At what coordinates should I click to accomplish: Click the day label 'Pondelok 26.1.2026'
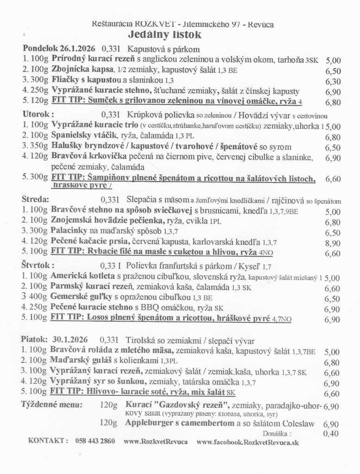pyautogui.click(x=58, y=49)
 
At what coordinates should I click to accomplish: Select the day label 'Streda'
pyautogui.click(x=35, y=199)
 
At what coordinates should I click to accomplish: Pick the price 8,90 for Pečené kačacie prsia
pyautogui.click(x=332, y=243)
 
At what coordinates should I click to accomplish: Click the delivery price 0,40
pyautogui.click(x=331, y=434)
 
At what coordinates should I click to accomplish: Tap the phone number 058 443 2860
pyautogui.click(x=95, y=441)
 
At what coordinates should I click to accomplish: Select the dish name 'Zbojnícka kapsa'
pyautogui.click(x=83, y=70)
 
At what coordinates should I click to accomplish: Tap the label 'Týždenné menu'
pyautogui.click(x=52, y=404)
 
